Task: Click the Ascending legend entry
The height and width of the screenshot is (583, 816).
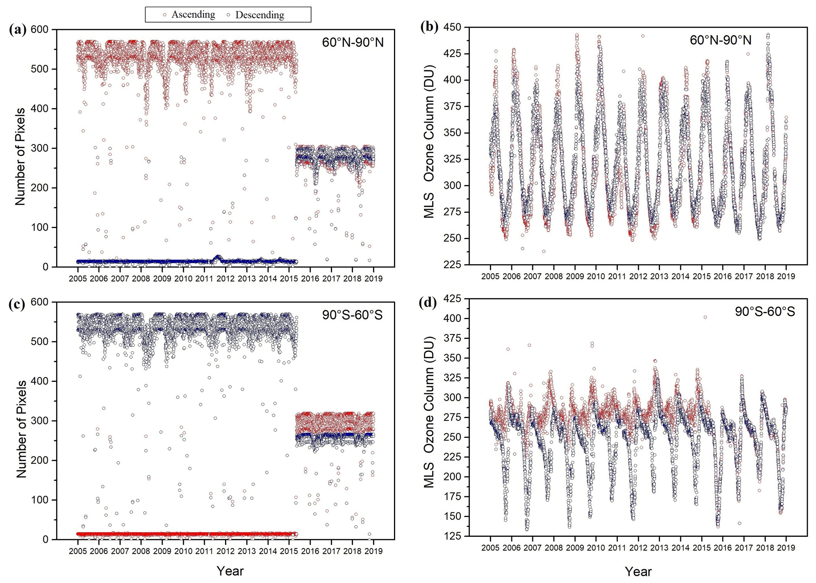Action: [189, 15]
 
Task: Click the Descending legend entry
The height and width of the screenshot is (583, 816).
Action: [255, 15]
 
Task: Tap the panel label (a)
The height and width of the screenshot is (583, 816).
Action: [17, 30]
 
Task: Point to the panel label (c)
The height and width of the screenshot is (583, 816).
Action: [17, 304]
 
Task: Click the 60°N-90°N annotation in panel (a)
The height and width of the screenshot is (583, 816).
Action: [353, 42]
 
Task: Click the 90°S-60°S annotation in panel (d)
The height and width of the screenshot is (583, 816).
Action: [765, 312]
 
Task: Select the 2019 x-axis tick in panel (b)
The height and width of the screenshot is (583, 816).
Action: [786, 277]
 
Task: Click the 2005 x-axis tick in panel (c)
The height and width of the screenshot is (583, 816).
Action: [78, 551]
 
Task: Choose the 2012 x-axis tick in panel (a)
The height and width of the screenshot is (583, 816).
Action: [225, 278]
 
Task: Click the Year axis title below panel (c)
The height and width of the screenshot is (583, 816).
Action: [230, 571]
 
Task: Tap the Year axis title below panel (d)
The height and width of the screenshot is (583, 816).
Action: [638, 572]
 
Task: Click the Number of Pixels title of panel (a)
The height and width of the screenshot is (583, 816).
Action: [20, 156]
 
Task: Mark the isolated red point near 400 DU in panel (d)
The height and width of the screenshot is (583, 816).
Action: [705, 317]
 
